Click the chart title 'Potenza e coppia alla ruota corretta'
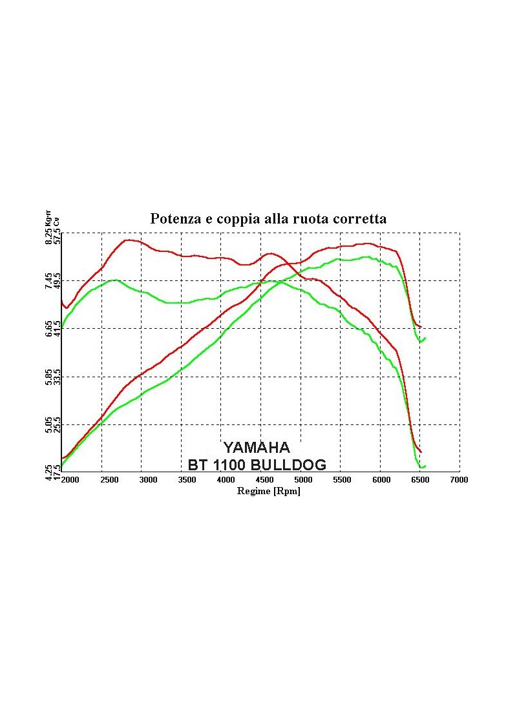268,219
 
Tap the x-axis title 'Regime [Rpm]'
268,492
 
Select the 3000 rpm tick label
148,480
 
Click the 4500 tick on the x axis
264,480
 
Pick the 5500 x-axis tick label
342,480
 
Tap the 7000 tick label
459,480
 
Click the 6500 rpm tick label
420,480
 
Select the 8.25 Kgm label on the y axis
49,229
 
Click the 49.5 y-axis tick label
58,281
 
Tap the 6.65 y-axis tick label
49,329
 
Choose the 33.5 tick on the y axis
58,377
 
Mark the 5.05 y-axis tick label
49,425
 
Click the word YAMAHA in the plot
257,448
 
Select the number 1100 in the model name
227,464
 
